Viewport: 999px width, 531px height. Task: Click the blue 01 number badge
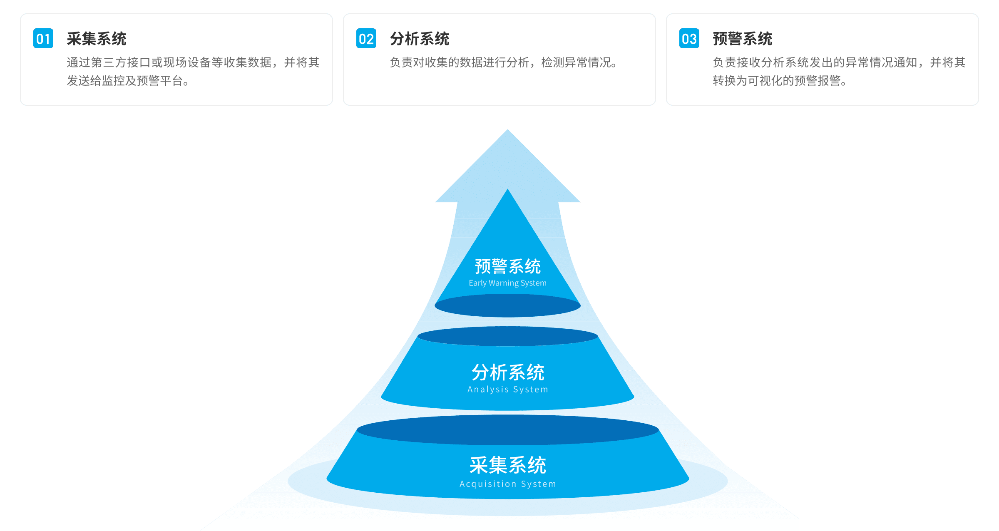point(43,39)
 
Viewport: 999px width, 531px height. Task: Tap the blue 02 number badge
point(366,39)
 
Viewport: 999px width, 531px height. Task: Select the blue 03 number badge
point(689,39)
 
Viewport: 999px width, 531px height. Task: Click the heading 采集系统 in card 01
point(97,39)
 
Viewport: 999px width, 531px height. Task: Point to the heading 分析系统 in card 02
point(420,39)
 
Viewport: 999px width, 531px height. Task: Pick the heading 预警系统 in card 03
point(743,39)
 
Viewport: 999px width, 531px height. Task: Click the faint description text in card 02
point(504,63)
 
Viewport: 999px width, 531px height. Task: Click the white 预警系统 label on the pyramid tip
point(508,267)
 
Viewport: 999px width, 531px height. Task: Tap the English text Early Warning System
point(507,283)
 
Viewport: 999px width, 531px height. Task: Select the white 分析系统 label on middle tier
point(508,372)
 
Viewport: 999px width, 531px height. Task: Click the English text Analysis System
point(508,390)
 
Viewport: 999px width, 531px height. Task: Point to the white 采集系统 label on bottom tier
point(508,465)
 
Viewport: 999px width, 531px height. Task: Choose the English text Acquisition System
point(508,484)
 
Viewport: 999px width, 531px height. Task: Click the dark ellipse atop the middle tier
point(508,336)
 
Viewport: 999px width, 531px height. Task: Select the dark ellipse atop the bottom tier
point(508,429)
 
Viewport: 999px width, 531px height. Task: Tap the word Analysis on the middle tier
point(488,390)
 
